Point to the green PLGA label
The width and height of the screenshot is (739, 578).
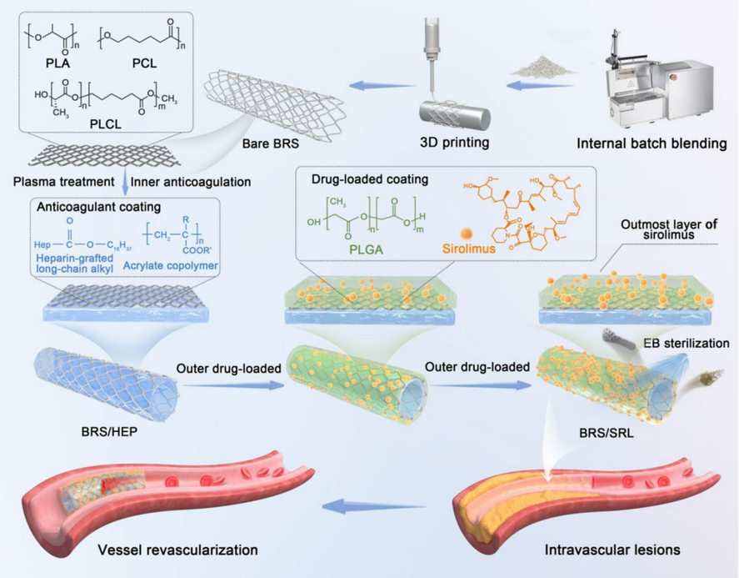point(357,248)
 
